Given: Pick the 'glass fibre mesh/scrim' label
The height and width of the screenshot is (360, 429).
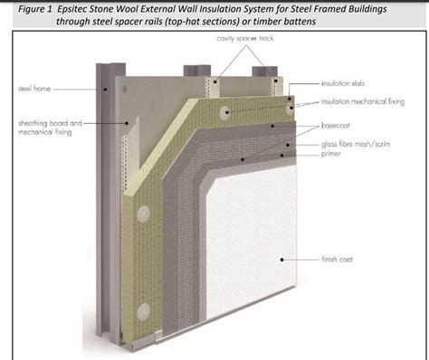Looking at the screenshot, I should (359, 143).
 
